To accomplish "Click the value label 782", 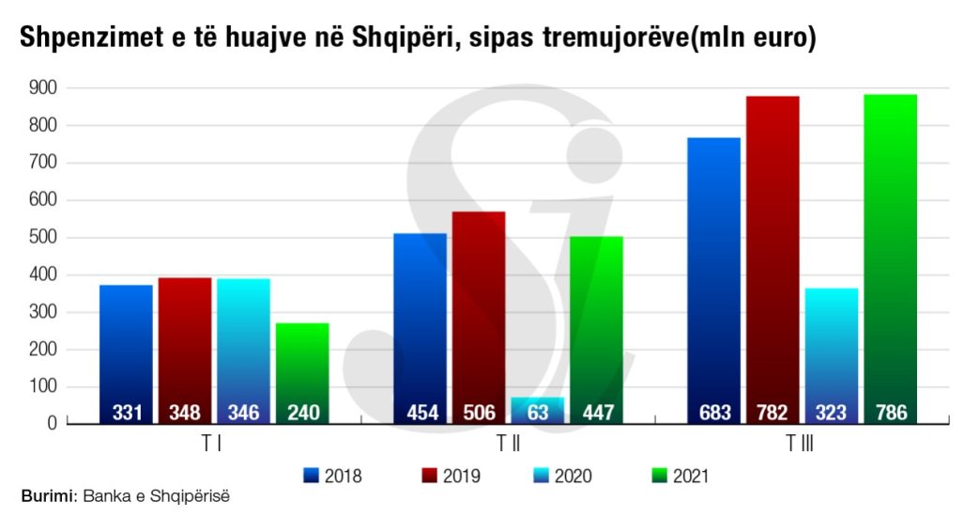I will point(772,413).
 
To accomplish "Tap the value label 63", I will point(538,413).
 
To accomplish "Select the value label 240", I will point(302,413).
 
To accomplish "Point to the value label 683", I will point(713,413).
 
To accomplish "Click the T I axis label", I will point(212,445).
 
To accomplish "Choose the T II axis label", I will point(507,445).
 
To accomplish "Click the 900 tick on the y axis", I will point(43,88).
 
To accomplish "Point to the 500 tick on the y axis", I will point(43,238).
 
